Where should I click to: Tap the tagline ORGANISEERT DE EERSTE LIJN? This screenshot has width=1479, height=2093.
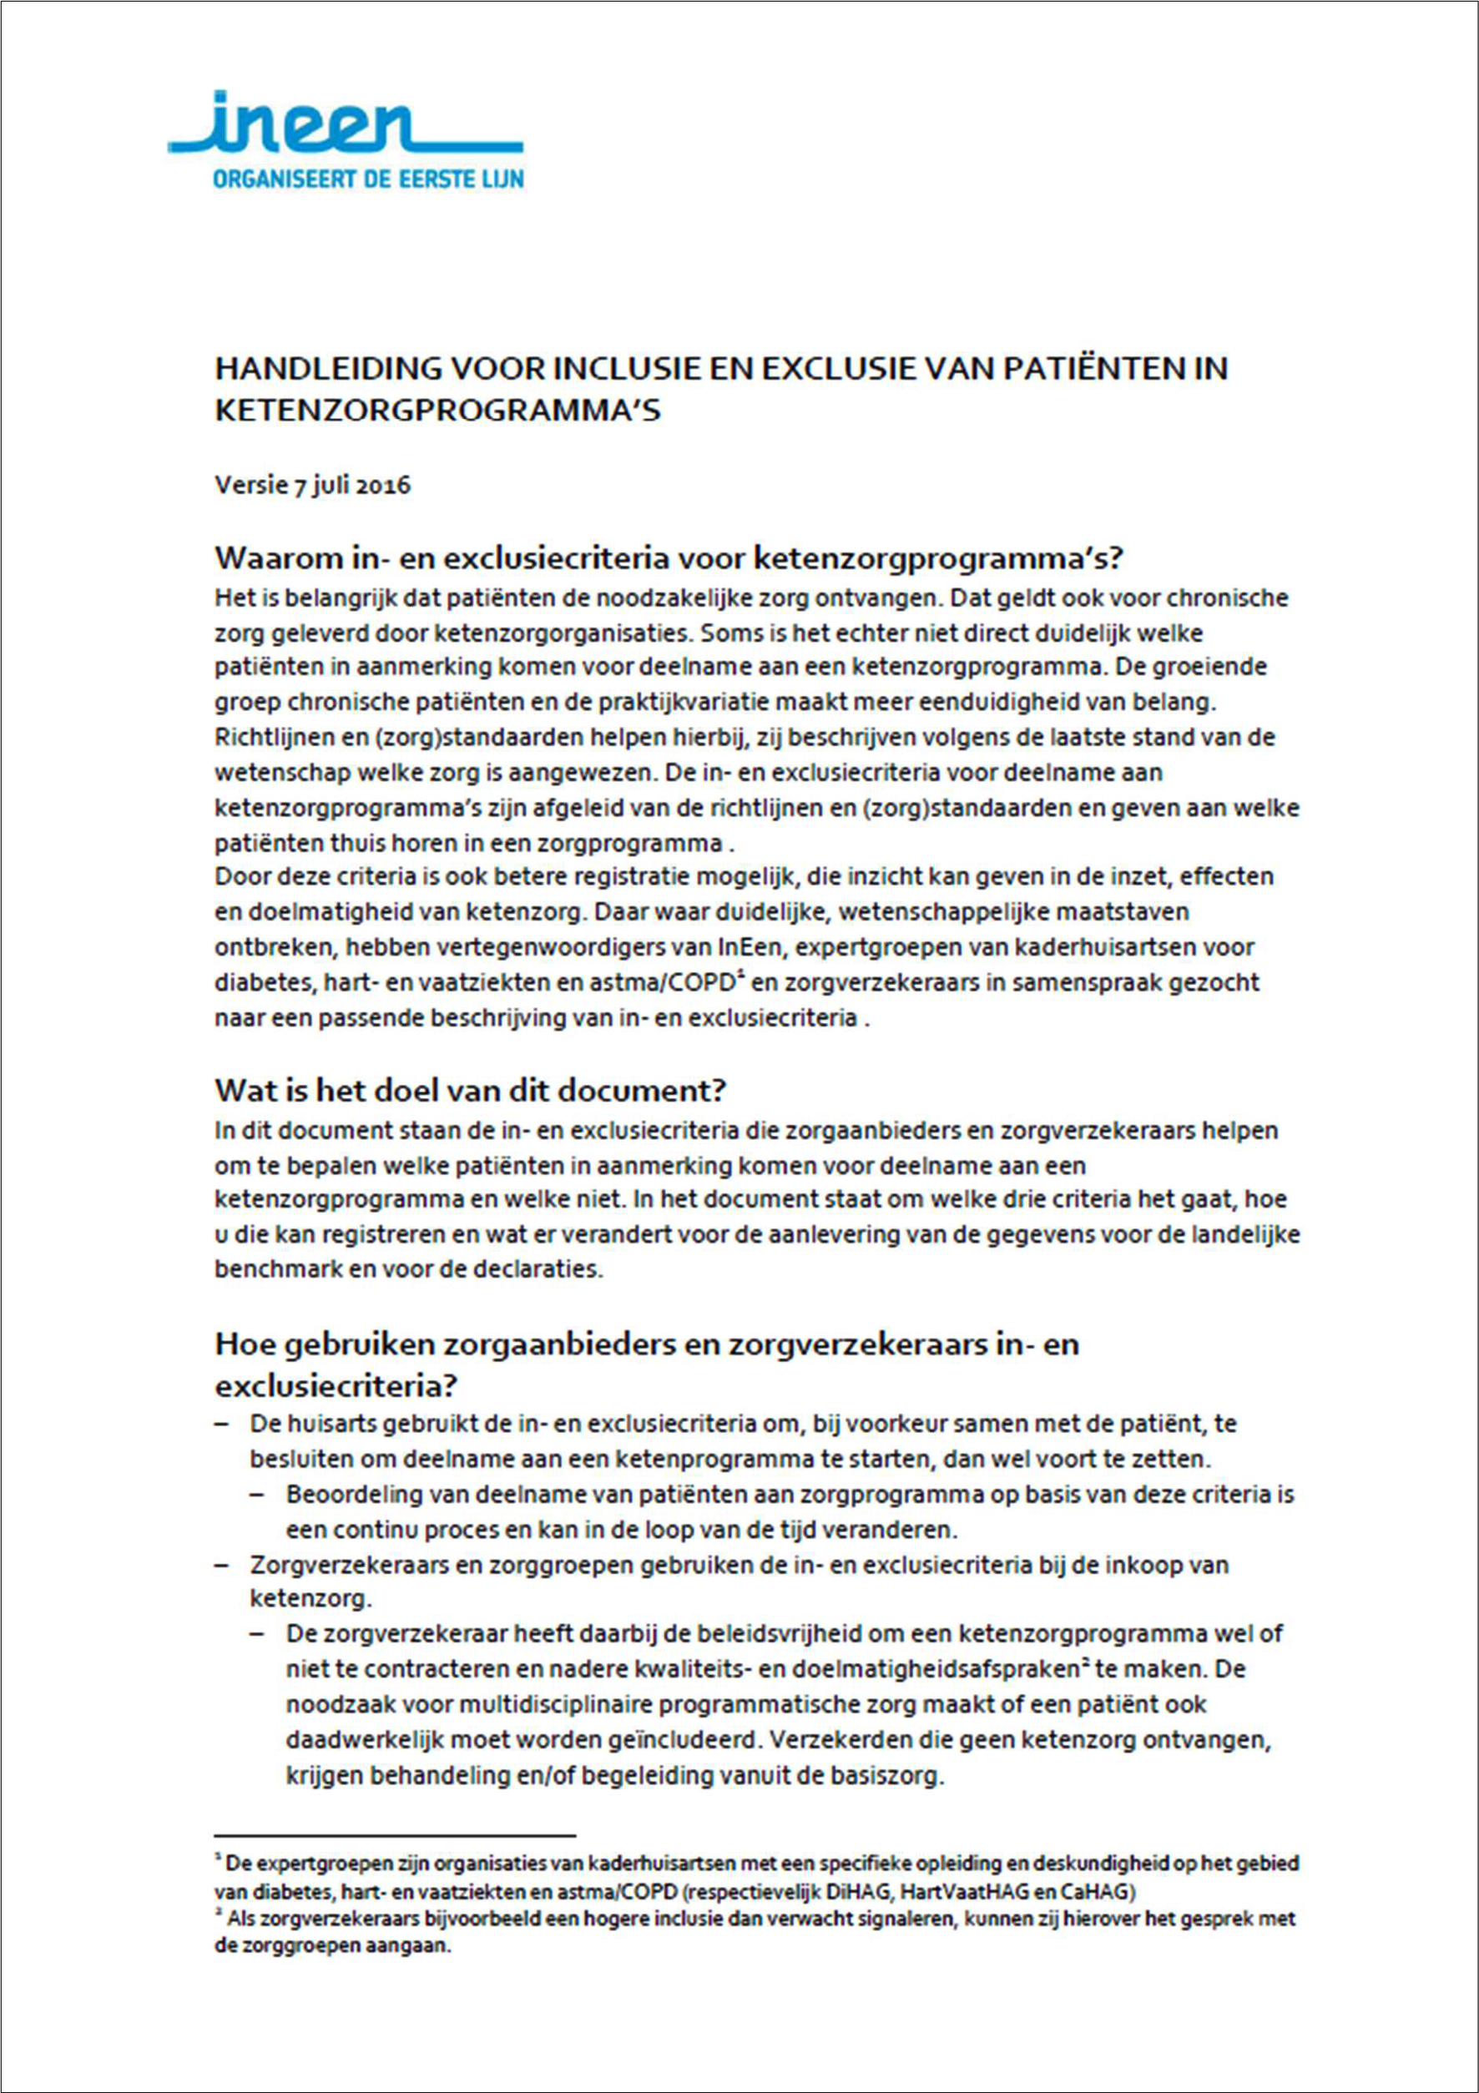[x=368, y=179]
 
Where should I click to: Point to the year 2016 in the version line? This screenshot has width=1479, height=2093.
[x=383, y=485]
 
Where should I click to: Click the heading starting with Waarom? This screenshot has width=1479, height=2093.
[x=667, y=557]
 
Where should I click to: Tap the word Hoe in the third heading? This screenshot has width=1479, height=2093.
[x=239, y=1344]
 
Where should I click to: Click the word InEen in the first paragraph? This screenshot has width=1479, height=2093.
[x=750, y=947]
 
